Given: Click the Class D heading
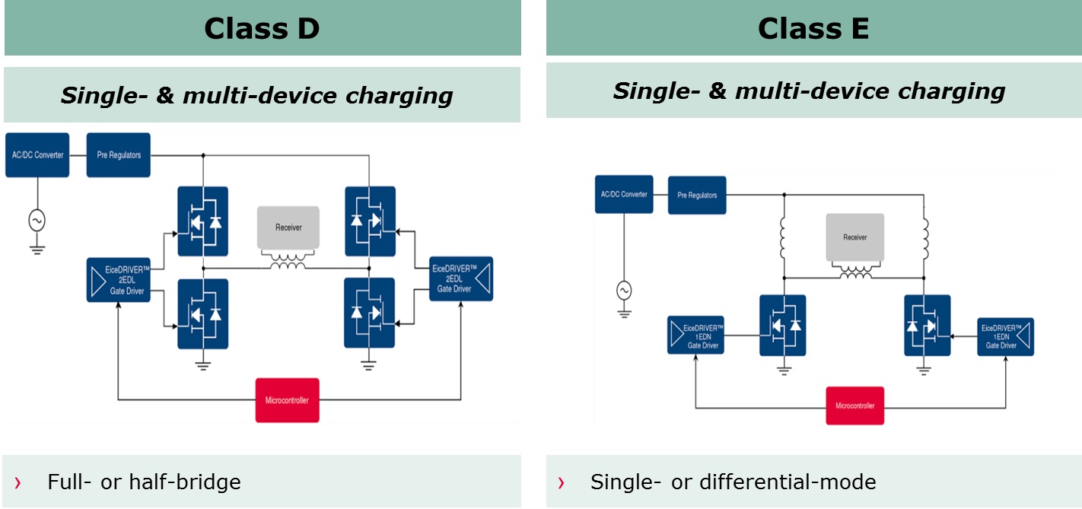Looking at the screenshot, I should pyautogui.click(x=262, y=28).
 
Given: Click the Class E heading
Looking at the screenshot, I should pyautogui.click(x=813, y=28).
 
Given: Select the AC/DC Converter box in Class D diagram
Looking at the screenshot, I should pyautogui.click(x=37, y=155).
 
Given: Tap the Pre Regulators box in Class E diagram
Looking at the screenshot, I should pyautogui.click(x=697, y=196).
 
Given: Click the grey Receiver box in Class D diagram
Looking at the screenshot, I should pyautogui.click(x=288, y=227).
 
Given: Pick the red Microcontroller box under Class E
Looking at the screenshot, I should pyautogui.click(x=855, y=406).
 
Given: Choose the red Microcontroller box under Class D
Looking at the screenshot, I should pyautogui.click(x=287, y=400).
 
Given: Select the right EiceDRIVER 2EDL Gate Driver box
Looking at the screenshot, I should pyautogui.click(x=461, y=278).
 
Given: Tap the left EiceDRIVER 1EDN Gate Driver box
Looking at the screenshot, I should pyautogui.click(x=695, y=335).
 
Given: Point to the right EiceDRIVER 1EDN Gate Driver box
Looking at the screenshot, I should pyautogui.click(x=1006, y=336).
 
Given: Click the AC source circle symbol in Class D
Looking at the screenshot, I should pyautogui.click(x=37, y=221).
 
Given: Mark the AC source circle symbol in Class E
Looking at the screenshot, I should pyautogui.click(x=624, y=290).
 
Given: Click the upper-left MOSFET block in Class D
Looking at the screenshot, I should pyautogui.click(x=203, y=221).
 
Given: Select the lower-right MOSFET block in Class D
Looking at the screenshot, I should pyautogui.click(x=369, y=313).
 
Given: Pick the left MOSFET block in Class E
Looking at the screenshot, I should pyautogui.click(x=783, y=326).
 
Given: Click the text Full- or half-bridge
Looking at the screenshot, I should pyautogui.click(x=144, y=482).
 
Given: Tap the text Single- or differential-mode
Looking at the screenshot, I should pyautogui.click(x=733, y=482).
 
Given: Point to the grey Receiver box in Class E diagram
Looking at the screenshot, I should pyautogui.click(x=855, y=237).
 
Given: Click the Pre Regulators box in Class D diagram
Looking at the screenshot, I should pyautogui.click(x=119, y=155).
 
